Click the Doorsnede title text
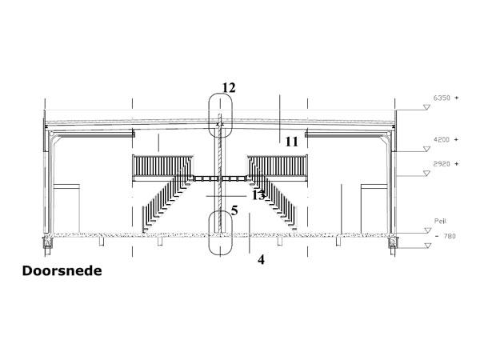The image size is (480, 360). point(62,271)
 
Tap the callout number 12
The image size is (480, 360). point(229,88)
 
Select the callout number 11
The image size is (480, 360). point(291,142)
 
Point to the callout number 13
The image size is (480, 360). point(258,195)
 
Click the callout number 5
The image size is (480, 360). point(234,210)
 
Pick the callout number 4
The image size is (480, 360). point(261,260)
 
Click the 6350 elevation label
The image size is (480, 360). point(442,98)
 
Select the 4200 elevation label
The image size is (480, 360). point(442,139)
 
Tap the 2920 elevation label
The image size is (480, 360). point(442,164)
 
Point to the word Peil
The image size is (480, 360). point(440,221)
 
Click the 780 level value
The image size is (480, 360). point(450,236)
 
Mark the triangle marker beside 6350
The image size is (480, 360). point(426,107)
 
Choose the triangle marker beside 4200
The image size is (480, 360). point(426,149)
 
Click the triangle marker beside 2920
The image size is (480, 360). point(426,174)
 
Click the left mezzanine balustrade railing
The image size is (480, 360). point(162,166)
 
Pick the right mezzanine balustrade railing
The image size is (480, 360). point(278,166)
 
